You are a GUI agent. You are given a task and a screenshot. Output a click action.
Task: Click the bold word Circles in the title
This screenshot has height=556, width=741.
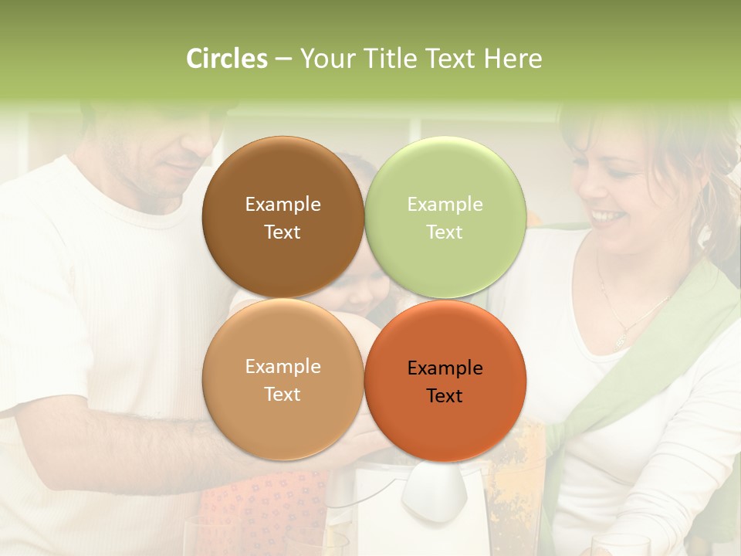point(227,59)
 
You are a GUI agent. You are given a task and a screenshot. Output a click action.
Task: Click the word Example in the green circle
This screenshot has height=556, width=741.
point(445,205)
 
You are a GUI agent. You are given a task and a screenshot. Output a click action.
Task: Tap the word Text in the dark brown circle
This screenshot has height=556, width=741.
point(283,232)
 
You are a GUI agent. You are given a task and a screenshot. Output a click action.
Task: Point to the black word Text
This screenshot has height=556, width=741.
point(445,396)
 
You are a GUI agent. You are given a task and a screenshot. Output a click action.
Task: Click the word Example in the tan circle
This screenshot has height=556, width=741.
point(283,367)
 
